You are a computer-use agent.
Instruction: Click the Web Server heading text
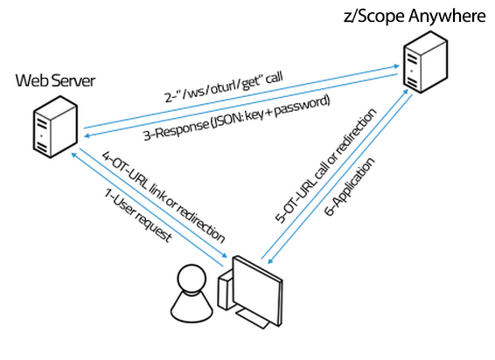pyautogui.click(x=55, y=80)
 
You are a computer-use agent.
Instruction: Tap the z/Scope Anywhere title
pyautogui.click(x=415, y=16)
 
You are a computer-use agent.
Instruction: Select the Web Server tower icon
pyautogui.click(x=55, y=127)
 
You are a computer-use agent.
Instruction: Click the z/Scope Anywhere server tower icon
pyautogui.click(x=426, y=62)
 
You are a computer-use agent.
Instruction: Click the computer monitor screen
pyautogui.click(x=257, y=291)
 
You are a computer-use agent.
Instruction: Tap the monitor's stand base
pyautogui.click(x=253, y=318)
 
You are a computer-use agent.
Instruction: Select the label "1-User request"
pyautogui.click(x=138, y=216)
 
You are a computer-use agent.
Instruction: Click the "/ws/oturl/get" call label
pyautogui.click(x=224, y=87)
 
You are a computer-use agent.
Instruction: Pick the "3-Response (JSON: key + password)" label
pyautogui.click(x=237, y=118)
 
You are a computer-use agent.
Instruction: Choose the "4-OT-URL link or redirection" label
pyautogui.click(x=164, y=197)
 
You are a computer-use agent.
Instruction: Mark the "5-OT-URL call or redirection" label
pyautogui.click(x=326, y=166)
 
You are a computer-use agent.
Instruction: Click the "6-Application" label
pyautogui.click(x=350, y=187)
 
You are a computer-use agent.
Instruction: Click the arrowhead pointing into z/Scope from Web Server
pyautogui.click(x=396, y=66)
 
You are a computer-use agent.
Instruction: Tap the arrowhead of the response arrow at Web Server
pyautogui.click(x=87, y=135)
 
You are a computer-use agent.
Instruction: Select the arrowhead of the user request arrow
pyautogui.click(x=73, y=155)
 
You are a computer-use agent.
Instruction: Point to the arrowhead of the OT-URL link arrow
pyautogui.click(x=225, y=255)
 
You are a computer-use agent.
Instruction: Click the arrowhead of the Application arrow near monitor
pyautogui.click(x=270, y=260)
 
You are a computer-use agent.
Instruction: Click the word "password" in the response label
pyautogui.click(x=303, y=107)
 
